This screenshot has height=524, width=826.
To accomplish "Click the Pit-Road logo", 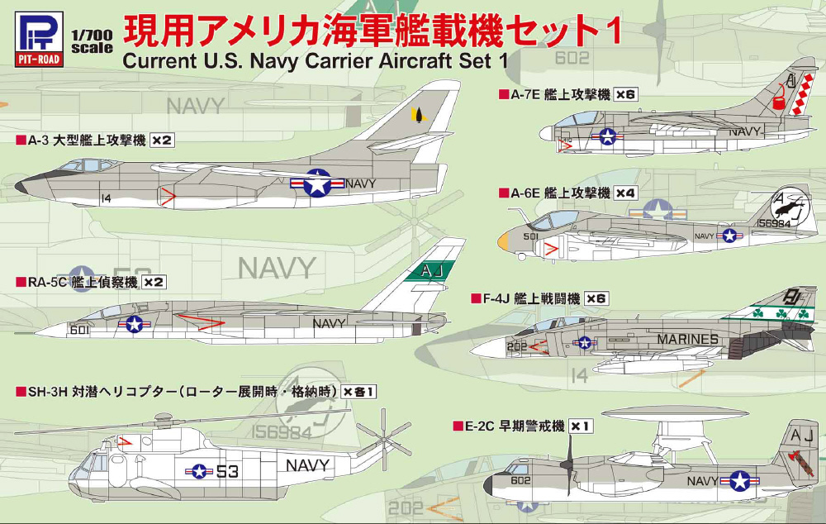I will [35, 31].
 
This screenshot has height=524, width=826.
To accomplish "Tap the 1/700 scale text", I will [88, 41].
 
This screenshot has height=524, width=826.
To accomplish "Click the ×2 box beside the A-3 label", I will [162, 141].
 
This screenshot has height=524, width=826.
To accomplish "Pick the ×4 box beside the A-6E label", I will [626, 193].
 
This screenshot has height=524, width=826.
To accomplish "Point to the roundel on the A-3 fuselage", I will [317, 183].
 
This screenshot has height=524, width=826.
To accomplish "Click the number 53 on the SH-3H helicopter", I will [228, 472].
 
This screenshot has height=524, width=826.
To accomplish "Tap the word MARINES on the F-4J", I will [687, 339].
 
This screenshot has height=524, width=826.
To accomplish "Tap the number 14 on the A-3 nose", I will [105, 198].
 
